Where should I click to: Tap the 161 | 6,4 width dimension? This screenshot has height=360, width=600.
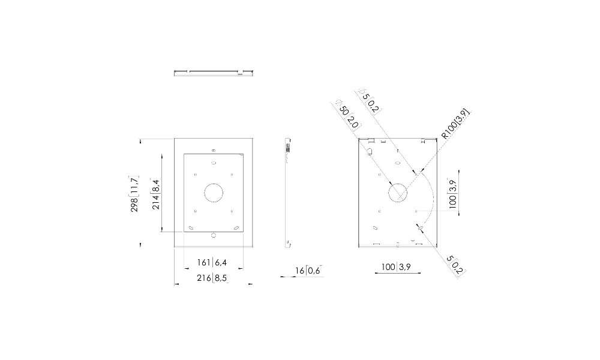(212, 262)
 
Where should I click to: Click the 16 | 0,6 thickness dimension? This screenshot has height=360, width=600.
(308, 271)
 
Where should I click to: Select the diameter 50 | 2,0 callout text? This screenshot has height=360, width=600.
(348, 116)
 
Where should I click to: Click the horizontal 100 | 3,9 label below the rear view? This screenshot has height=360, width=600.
(396, 267)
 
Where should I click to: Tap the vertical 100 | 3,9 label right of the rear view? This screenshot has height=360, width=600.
(452, 193)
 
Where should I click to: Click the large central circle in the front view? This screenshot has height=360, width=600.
(214, 193)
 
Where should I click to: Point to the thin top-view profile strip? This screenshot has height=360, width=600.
(214, 73)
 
